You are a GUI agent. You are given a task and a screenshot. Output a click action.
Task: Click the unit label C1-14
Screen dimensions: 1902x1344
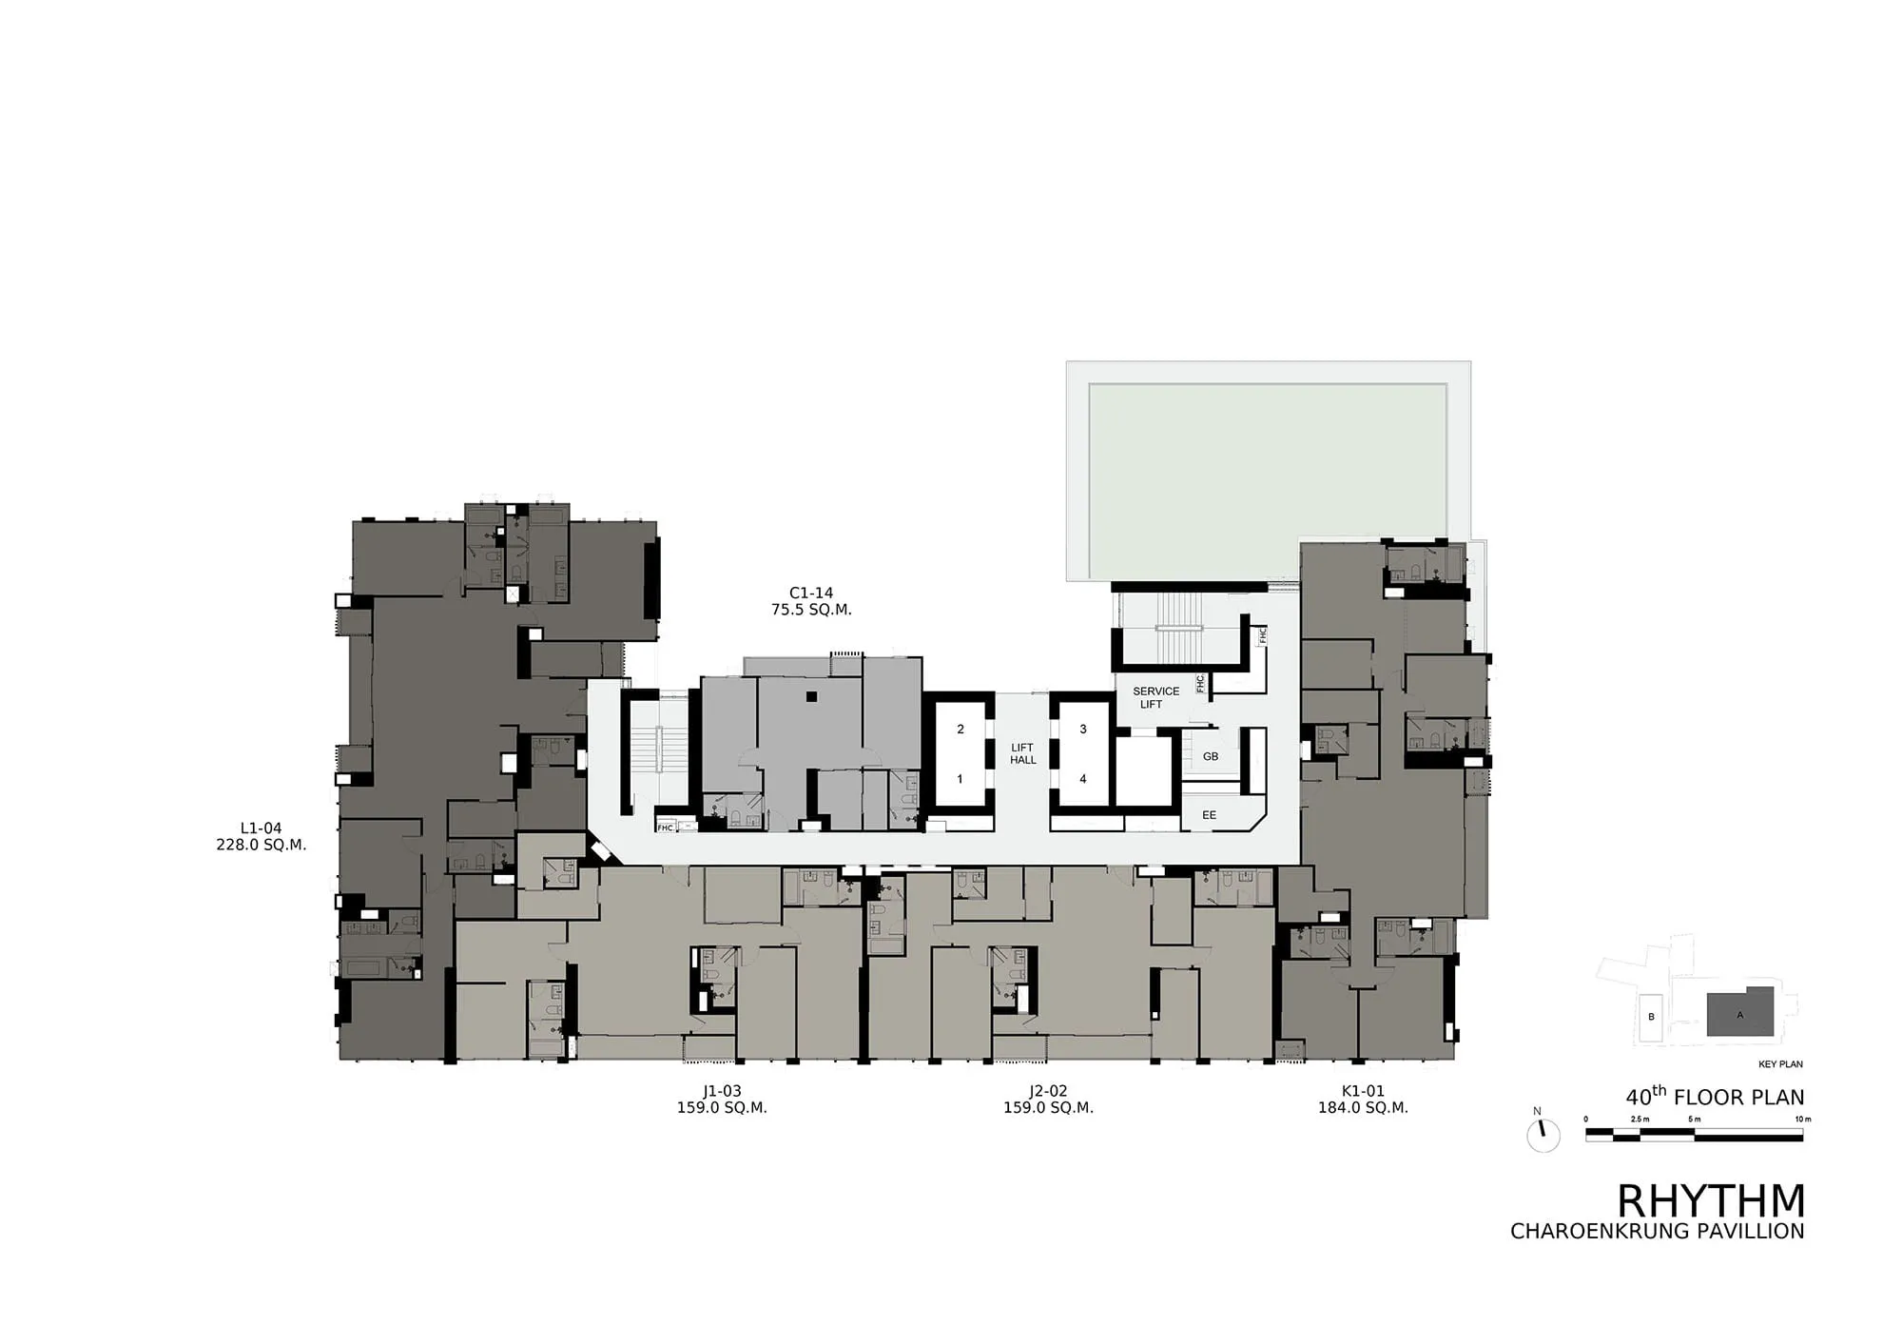[x=811, y=593]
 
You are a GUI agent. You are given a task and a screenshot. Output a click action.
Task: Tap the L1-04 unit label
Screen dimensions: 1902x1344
[x=261, y=828]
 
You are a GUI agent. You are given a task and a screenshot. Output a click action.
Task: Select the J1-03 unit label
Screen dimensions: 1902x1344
[x=722, y=1091]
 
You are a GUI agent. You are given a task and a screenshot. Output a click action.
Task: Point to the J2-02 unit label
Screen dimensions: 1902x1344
[x=1048, y=1091]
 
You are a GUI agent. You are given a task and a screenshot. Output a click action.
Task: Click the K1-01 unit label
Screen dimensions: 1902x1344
[x=1363, y=1091]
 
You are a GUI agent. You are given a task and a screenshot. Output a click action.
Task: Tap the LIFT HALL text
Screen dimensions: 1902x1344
[x=1023, y=754]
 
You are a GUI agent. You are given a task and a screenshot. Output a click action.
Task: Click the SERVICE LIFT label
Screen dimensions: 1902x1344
[x=1155, y=697]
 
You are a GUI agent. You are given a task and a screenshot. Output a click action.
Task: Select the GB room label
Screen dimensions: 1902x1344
[x=1211, y=757]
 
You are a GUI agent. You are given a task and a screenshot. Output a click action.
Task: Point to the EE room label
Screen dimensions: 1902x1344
[x=1209, y=815]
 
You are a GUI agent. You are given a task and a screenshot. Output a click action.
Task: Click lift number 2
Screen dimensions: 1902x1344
[x=961, y=730]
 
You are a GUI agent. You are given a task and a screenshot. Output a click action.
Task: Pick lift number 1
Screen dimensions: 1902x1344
[x=960, y=779]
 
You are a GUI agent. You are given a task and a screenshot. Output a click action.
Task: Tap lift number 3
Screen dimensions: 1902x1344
[x=1083, y=730]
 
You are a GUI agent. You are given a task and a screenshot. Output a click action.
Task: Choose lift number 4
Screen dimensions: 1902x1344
[x=1083, y=779]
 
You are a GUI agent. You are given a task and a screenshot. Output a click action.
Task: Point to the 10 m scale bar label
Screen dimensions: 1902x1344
[x=1803, y=1120]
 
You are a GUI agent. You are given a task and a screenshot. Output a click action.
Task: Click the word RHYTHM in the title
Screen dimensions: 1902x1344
[x=1711, y=1201]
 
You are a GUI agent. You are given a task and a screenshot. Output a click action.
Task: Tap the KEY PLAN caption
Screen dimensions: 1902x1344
[x=1781, y=1064]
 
